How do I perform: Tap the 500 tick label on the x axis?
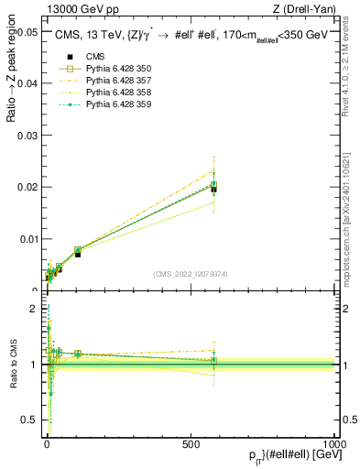click(191, 442)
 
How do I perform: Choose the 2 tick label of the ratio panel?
click(33, 309)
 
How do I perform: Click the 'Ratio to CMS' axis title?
click(14, 365)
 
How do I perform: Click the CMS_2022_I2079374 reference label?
click(191, 273)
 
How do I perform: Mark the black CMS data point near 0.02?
click(213, 189)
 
